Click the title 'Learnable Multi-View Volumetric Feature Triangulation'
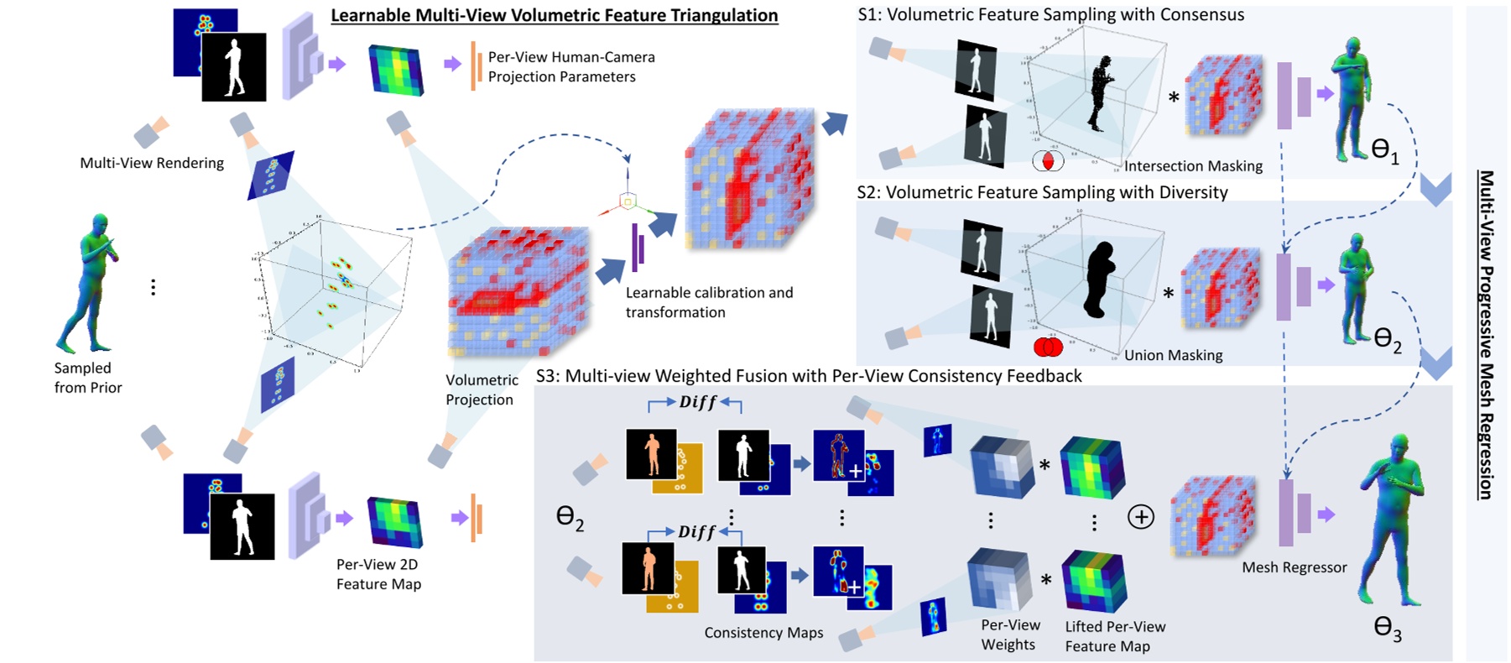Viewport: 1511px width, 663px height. [554, 15]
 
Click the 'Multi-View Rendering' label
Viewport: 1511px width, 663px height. [152, 163]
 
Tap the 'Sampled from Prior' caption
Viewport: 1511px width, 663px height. [88, 378]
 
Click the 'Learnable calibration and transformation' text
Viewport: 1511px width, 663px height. [709, 302]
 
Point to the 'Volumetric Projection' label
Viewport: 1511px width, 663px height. [481, 389]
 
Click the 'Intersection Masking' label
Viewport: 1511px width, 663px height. [1193, 166]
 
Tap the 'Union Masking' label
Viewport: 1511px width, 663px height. [1173, 355]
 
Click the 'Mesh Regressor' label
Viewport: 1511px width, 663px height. [1294, 567]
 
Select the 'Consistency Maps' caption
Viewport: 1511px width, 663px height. [763, 633]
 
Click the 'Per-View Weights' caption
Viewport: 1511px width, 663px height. [1009, 634]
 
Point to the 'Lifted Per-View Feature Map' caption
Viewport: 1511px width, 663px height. [1115, 636]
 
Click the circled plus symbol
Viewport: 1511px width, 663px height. [1140, 517]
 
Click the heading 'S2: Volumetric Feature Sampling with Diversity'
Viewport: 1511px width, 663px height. [1042, 192]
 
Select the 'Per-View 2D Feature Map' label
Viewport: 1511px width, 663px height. [378, 574]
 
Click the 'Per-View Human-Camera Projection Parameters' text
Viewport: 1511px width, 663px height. [571, 67]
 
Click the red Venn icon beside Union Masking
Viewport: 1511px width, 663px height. [1048, 347]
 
